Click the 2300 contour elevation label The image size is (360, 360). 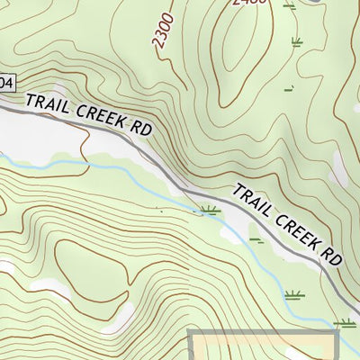(x=162, y=37)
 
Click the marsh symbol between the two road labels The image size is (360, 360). (x=209, y=211)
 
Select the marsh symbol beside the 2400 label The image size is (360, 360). (x=288, y=5)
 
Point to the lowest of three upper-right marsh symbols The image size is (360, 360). (x=290, y=88)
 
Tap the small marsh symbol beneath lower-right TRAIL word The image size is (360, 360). (x=256, y=240)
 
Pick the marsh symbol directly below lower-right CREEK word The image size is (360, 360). (x=293, y=295)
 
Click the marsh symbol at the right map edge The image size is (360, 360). (x=344, y=322)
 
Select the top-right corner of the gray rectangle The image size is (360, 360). (x=337, y=332)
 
